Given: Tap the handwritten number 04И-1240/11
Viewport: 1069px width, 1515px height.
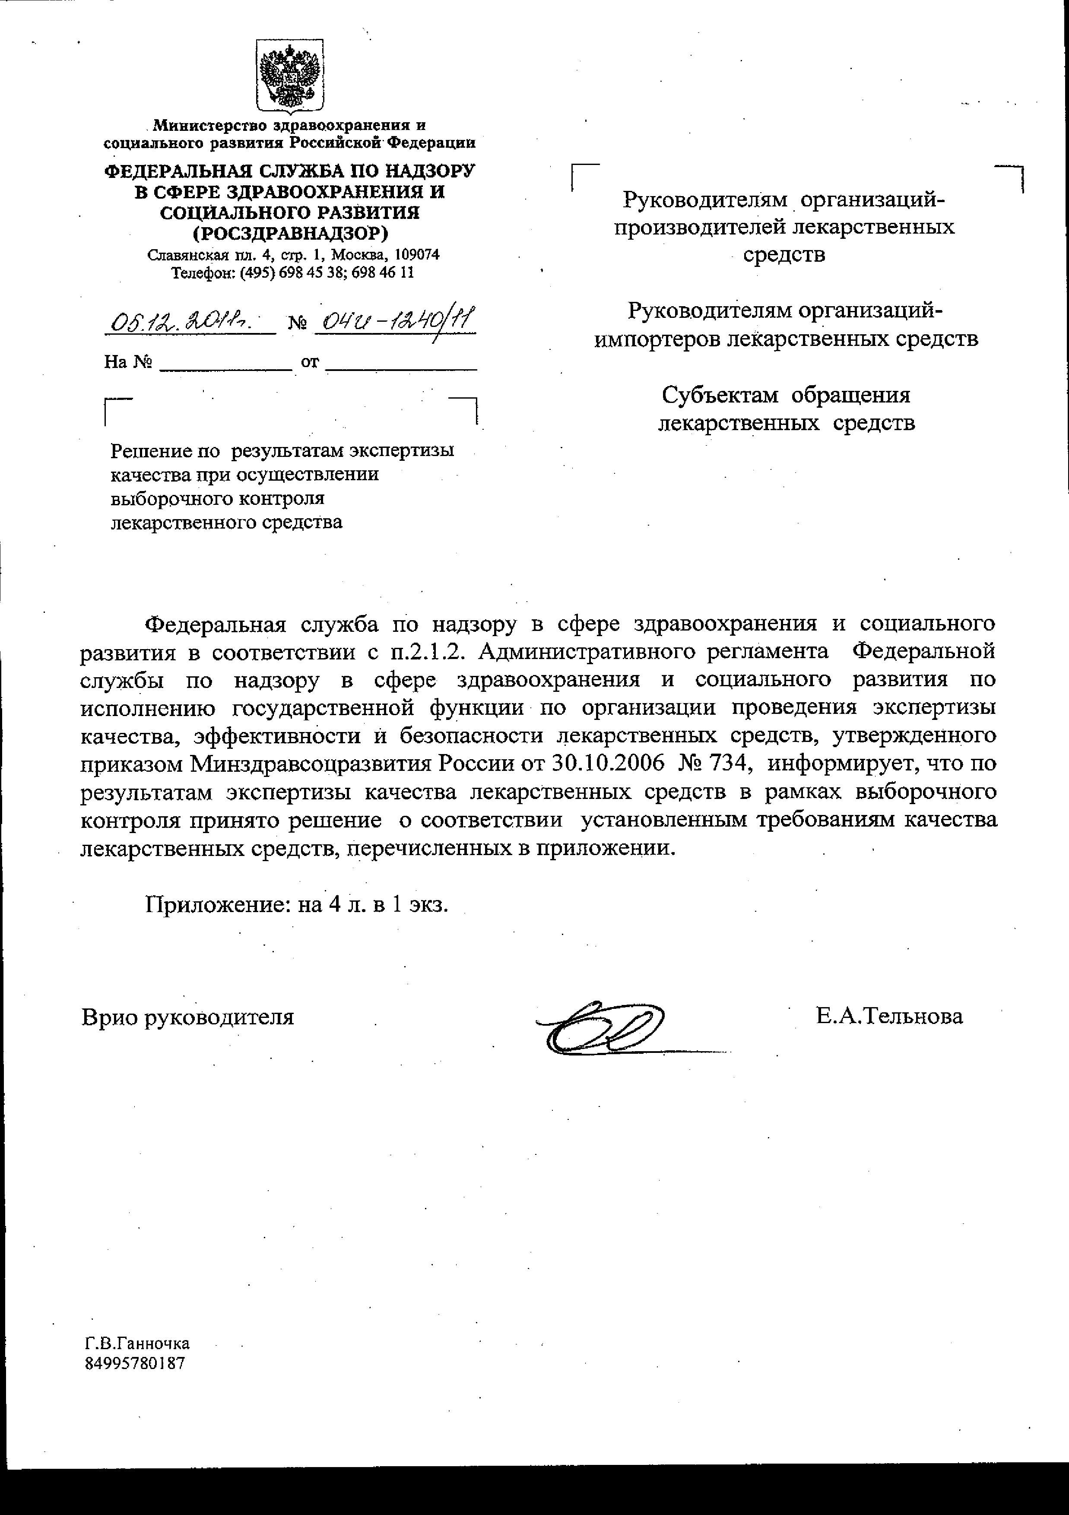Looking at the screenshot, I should click(x=395, y=321).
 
